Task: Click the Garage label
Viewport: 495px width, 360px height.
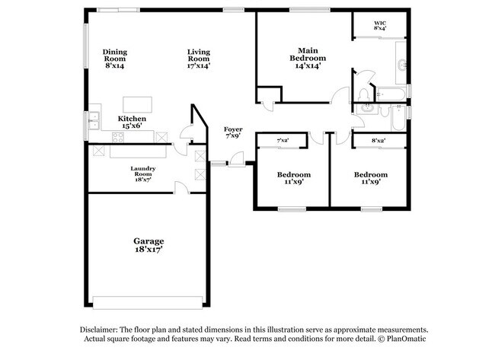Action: tap(148, 245)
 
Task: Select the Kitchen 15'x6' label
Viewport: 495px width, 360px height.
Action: tap(132, 123)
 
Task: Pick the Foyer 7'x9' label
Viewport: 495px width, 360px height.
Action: tap(233, 134)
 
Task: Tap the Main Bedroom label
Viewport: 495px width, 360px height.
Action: tap(308, 56)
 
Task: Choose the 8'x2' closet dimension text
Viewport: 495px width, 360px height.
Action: tap(378, 141)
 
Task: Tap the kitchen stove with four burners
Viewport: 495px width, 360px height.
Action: tap(120, 137)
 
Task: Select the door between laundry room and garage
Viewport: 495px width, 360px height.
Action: tap(180, 187)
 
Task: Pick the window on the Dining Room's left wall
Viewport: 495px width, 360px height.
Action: tap(87, 53)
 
